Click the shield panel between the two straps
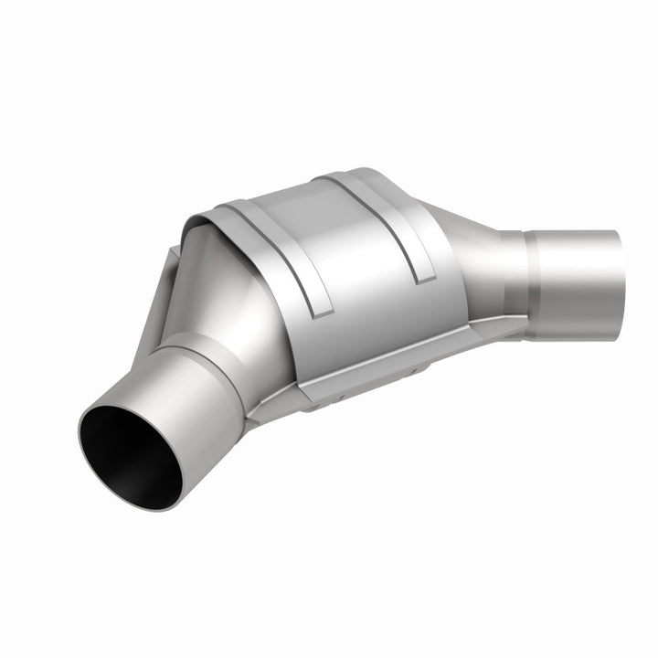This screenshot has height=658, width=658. tap(352, 251)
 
